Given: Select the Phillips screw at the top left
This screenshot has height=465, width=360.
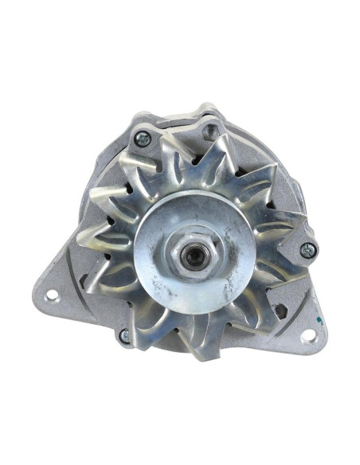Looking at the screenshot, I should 143,139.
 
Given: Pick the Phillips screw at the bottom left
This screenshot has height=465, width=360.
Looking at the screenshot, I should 123,336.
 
